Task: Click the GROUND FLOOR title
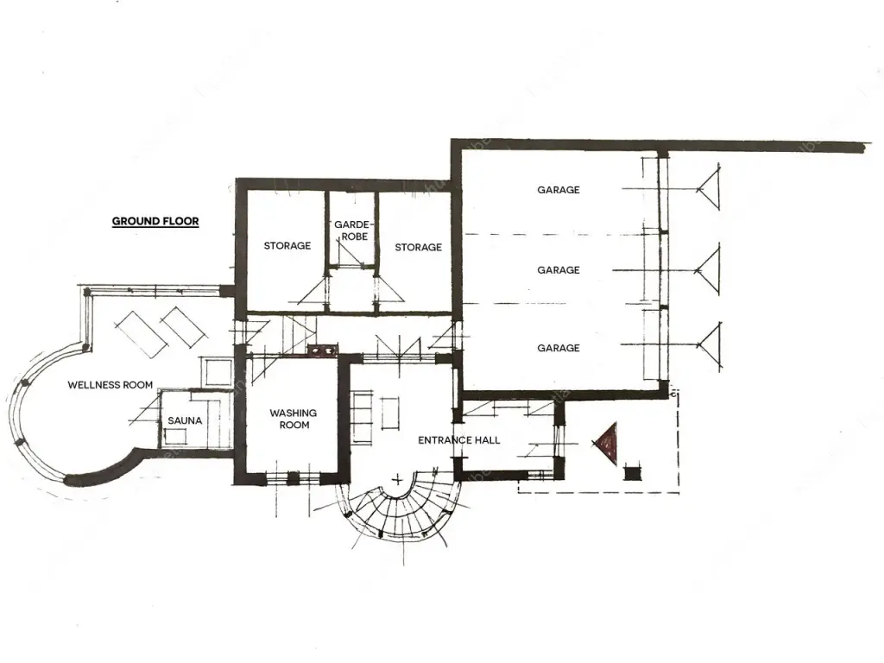tap(155, 221)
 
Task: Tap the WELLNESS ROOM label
tap(110, 385)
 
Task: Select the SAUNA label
tap(185, 420)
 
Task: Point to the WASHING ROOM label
tap(294, 419)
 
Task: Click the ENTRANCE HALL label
tap(459, 440)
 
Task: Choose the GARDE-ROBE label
tap(352, 230)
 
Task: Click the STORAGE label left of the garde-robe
tap(287, 246)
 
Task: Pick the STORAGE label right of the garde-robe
tap(419, 247)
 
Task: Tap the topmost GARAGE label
tap(559, 190)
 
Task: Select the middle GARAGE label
tap(559, 270)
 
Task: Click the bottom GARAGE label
tap(559, 348)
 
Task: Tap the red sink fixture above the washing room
tap(322, 350)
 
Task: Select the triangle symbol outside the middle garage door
tap(709, 270)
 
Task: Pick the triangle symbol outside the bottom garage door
tap(710, 345)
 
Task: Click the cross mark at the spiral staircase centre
tap(398, 480)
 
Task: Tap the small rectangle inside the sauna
tap(176, 437)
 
